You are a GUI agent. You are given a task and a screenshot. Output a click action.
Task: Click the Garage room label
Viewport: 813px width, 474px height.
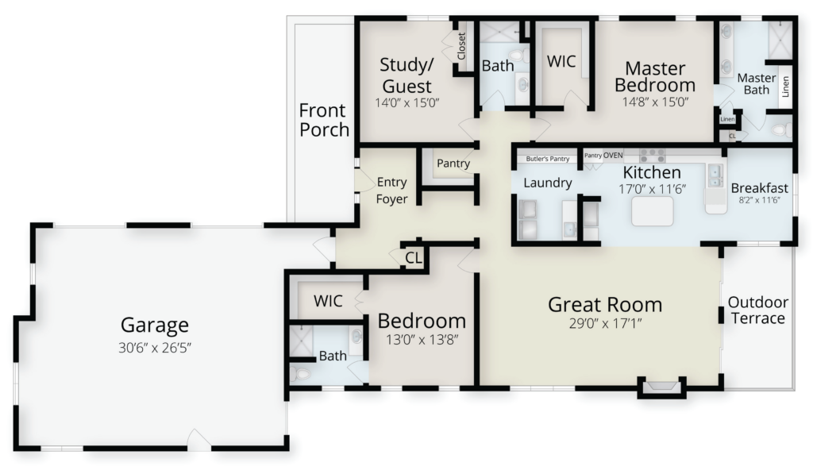(x=155, y=326)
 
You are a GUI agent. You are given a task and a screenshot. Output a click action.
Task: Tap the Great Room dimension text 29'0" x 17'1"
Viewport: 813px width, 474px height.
(x=605, y=324)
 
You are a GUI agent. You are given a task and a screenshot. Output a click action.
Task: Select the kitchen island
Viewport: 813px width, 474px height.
(x=653, y=211)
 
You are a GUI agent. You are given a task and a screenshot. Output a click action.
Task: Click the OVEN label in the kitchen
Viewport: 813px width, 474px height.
(x=613, y=155)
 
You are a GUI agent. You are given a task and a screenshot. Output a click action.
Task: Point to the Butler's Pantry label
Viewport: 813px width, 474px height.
(x=548, y=159)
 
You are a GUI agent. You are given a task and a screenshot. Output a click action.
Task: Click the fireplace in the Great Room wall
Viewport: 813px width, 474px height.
(x=661, y=387)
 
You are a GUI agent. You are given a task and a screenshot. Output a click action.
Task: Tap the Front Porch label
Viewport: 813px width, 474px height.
(x=324, y=120)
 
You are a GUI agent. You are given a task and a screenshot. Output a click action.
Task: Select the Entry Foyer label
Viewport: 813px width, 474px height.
(x=391, y=191)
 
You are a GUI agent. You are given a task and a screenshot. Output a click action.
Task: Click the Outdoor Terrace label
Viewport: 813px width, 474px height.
(x=758, y=310)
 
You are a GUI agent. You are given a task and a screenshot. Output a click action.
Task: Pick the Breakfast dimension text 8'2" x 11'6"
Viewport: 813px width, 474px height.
(x=760, y=199)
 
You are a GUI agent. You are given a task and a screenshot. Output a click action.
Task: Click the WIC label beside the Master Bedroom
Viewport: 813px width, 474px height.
(x=561, y=61)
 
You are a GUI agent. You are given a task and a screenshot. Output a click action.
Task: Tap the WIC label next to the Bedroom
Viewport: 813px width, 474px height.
(x=328, y=301)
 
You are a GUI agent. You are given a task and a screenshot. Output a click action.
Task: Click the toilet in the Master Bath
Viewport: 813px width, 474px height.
(x=781, y=129)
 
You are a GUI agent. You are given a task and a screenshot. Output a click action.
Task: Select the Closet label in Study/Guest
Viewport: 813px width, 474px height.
(x=461, y=45)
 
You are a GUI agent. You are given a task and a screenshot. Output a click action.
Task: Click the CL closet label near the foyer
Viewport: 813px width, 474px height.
(x=413, y=258)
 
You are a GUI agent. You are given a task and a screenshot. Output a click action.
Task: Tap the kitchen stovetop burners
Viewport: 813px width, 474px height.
(x=653, y=155)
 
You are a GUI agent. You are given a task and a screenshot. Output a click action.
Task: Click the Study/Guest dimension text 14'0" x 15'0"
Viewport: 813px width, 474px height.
(x=407, y=102)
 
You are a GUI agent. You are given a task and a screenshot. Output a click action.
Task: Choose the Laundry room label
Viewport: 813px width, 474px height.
(x=548, y=183)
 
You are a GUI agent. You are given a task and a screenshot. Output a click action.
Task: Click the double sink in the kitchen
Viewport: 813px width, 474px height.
(x=716, y=175)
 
